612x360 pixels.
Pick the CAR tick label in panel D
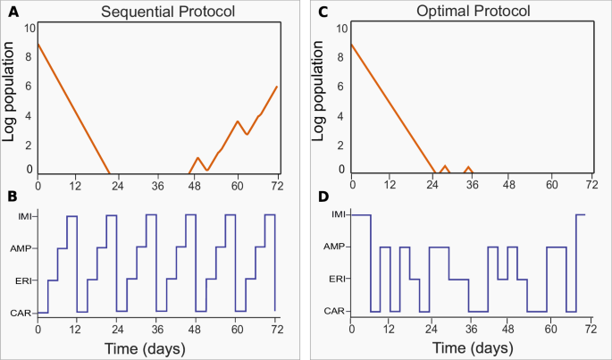[334, 312]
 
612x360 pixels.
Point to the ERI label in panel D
[336, 280]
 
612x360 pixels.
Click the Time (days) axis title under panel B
[156, 347]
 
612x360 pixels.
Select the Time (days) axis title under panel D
[470, 347]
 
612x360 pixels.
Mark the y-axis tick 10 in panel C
[340, 29]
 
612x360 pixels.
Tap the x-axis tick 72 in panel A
[277, 186]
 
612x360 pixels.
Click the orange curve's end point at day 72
[277, 87]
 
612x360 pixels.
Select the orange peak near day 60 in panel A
[237, 121]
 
